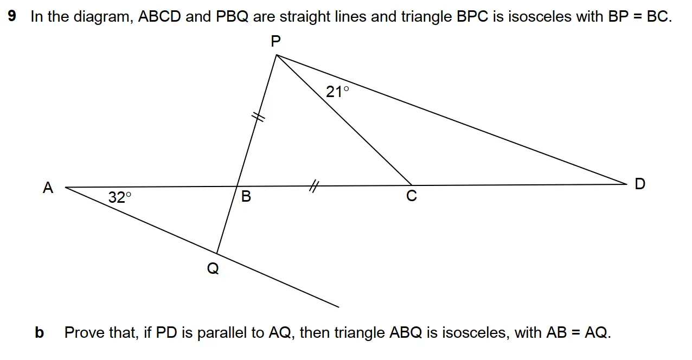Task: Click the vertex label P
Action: [275, 41]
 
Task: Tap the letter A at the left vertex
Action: [48, 188]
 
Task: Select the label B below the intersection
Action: [246, 196]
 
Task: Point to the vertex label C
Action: [412, 195]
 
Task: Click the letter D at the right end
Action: [640, 184]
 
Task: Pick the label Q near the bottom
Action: [213, 268]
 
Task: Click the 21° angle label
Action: [337, 92]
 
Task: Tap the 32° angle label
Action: [120, 197]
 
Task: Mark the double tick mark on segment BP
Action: [258, 117]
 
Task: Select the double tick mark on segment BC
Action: [313, 186]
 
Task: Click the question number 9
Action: [12, 16]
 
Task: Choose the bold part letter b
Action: [39, 332]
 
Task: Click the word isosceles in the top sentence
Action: [540, 16]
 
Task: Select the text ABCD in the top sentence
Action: [159, 16]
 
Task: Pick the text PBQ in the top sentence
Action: [232, 16]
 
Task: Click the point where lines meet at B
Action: [236, 186]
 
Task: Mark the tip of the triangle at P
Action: [277, 55]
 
